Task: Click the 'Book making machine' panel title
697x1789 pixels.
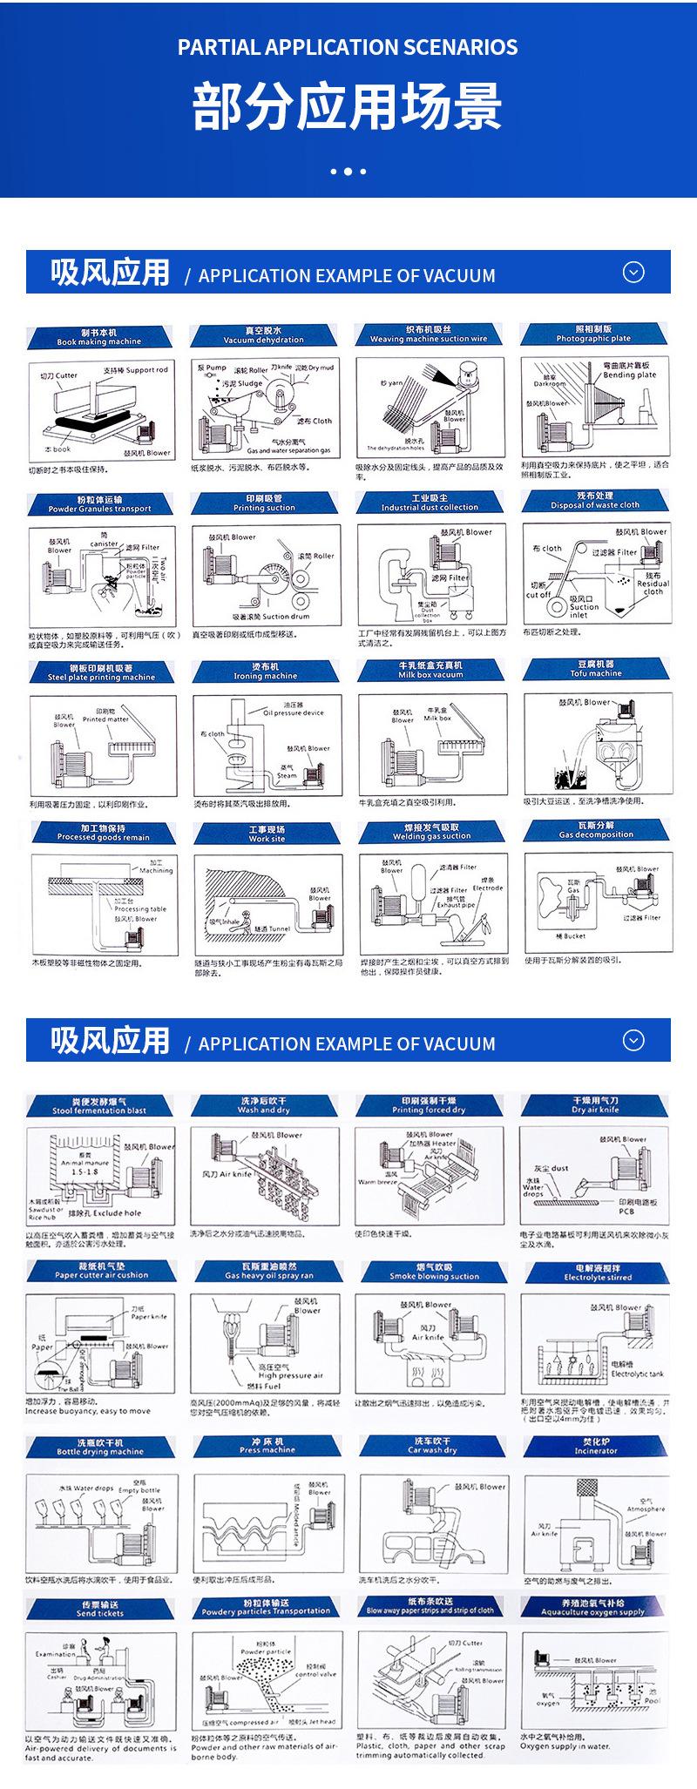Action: (x=98, y=338)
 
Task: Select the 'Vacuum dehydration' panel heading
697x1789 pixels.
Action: (x=263, y=336)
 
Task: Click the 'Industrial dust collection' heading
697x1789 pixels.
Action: (x=430, y=503)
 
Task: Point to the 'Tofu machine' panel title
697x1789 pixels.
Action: (x=596, y=669)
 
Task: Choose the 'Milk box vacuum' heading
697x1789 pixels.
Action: (x=430, y=670)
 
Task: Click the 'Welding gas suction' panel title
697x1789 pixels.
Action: (x=431, y=832)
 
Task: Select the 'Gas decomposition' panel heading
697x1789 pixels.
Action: (x=596, y=830)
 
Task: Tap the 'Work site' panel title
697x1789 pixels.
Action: (x=267, y=834)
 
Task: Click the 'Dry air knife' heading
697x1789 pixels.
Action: (x=595, y=1106)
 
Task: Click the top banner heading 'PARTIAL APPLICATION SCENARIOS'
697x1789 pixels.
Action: (x=348, y=47)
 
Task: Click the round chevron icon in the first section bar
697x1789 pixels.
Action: (x=634, y=273)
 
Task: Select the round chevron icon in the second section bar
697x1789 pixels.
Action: (x=634, y=1041)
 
